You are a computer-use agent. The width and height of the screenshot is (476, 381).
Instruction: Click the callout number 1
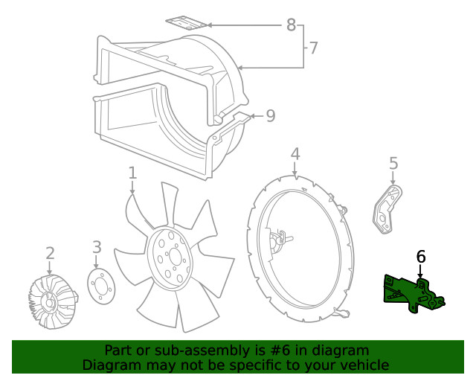[x=132, y=173]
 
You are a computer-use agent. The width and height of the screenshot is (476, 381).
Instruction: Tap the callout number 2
[x=50, y=253]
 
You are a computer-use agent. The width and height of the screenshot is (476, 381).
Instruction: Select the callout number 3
[x=97, y=247]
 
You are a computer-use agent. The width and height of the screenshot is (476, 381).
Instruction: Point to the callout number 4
[x=295, y=154]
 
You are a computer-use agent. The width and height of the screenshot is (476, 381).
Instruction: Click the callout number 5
[x=393, y=163]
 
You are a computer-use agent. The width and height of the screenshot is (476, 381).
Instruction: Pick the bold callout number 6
[x=421, y=257]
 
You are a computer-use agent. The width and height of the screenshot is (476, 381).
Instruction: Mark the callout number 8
[x=291, y=25]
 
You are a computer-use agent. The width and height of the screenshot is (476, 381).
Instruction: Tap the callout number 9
[x=270, y=115]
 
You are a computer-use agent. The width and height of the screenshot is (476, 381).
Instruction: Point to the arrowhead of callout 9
[x=251, y=116]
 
